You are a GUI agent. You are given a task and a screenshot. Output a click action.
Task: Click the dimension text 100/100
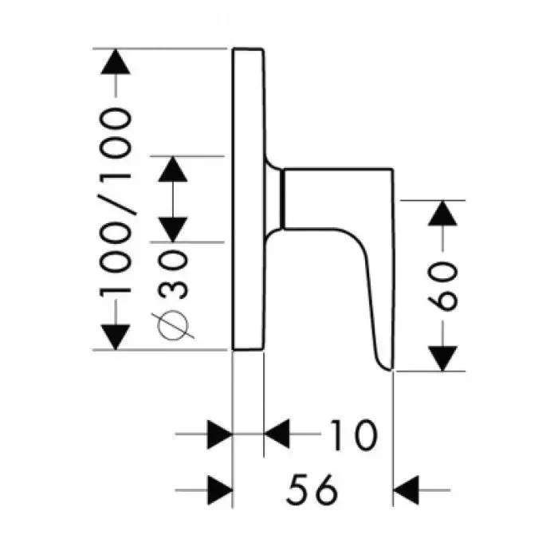pos(116,201)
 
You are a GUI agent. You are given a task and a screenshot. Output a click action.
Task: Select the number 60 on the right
pos(445,285)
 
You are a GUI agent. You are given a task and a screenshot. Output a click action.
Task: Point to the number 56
pos(311,489)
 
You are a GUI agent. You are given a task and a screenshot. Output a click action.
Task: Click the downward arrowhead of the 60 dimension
pos(445,358)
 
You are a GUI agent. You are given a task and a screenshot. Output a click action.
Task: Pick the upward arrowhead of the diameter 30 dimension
pos(173,169)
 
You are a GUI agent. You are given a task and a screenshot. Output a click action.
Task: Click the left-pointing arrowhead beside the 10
pos(277,434)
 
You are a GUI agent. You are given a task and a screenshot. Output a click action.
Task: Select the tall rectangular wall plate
pos(248,199)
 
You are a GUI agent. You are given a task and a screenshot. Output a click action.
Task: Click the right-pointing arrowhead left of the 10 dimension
pos(219,434)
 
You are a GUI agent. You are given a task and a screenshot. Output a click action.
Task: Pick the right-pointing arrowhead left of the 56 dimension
pos(219,489)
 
